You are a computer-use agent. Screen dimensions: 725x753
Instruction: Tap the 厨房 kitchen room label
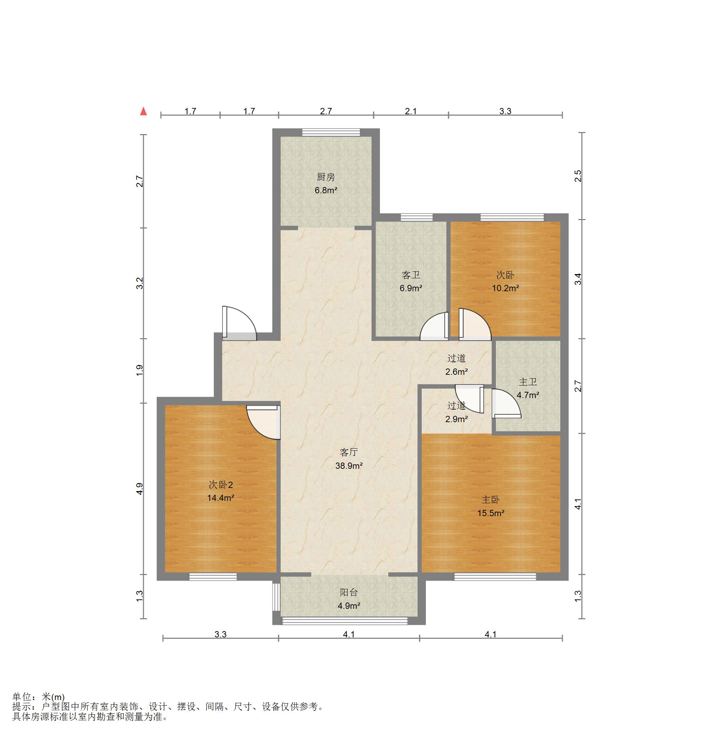(326, 177)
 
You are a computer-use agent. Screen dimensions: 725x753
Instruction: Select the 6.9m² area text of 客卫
(411, 288)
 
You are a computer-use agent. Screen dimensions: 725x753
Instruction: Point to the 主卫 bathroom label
(528, 382)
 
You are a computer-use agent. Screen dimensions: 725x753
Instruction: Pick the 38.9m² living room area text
(349, 466)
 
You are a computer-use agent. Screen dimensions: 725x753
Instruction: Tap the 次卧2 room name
(220, 485)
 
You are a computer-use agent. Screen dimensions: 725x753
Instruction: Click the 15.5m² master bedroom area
(491, 513)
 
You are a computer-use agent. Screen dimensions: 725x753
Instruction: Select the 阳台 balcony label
(349, 592)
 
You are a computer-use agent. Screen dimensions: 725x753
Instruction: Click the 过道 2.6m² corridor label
(457, 365)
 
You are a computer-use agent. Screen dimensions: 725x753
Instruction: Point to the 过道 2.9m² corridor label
(457, 412)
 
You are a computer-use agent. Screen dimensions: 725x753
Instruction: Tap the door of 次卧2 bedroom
(263, 422)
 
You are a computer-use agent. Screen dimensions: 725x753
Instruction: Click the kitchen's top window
(331, 133)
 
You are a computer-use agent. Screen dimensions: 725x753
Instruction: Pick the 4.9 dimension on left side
(140, 489)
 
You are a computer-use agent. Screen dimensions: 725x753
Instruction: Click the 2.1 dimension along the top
(411, 111)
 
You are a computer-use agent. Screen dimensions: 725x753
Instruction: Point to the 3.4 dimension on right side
(578, 279)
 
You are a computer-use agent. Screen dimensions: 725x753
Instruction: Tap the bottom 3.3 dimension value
(220, 634)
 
